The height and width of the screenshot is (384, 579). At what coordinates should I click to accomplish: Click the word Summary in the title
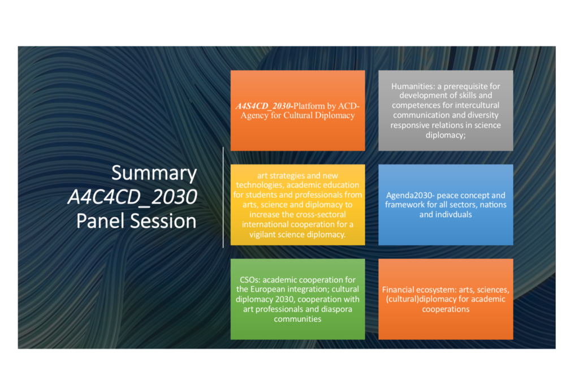click(x=154, y=174)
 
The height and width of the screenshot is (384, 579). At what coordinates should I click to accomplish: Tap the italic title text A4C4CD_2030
click(x=132, y=197)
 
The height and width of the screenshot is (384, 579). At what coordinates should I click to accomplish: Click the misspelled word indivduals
click(x=453, y=214)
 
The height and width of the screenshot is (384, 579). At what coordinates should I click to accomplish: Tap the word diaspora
click(x=335, y=309)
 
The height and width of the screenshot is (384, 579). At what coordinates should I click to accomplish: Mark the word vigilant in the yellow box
click(x=265, y=235)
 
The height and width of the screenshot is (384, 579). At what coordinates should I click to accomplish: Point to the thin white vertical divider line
click(x=223, y=197)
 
